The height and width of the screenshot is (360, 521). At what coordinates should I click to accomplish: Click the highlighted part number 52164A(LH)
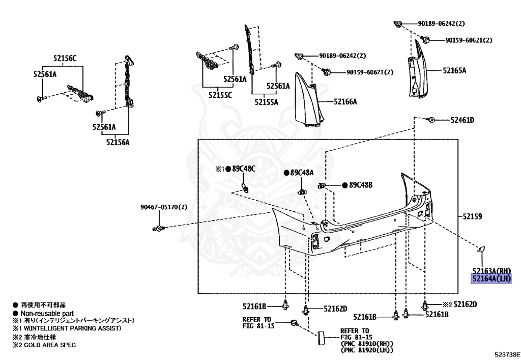tap(490, 279)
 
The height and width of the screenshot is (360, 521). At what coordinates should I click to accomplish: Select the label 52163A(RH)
tap(490, 270)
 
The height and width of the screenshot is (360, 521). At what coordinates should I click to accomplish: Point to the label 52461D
tap(461, 120)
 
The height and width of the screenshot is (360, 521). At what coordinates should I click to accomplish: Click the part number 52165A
tap(454, 71)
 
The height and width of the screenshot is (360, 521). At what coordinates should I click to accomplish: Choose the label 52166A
tap(345, 102)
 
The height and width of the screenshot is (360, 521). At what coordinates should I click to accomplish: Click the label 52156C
tap(65, 58)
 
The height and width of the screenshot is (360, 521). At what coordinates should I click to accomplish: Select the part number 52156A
tap(118, 143)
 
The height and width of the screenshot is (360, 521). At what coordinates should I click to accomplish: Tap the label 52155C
tap(220, 95)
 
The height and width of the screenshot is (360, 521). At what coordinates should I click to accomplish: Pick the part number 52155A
tap(267, 102)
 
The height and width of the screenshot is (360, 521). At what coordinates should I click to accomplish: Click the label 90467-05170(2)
tap(164, 207)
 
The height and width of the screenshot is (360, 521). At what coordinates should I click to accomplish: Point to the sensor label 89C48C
tap(244, 169)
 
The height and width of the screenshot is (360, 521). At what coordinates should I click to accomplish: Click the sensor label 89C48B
tap(361, 185)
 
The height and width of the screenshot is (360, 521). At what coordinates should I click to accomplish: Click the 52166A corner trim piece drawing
tap(309, 99)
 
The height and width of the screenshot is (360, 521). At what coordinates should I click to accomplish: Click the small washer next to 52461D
tap(431, 120)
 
